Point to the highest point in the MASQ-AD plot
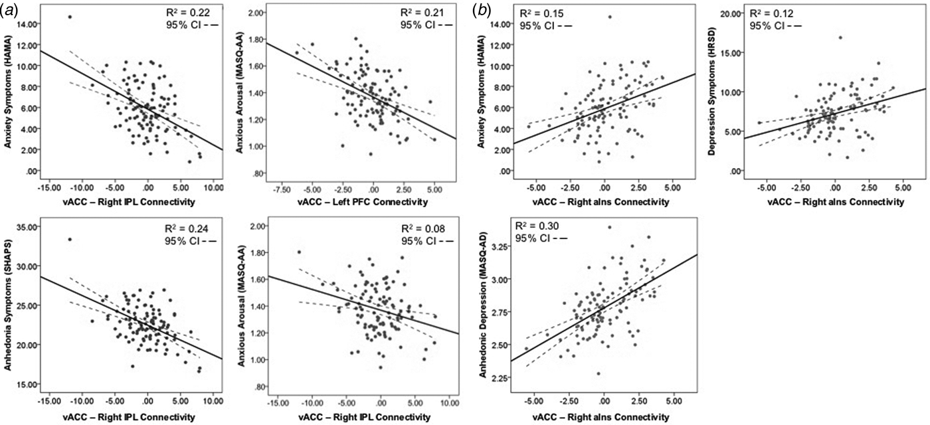pyautogui.click(x=609, y=227)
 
